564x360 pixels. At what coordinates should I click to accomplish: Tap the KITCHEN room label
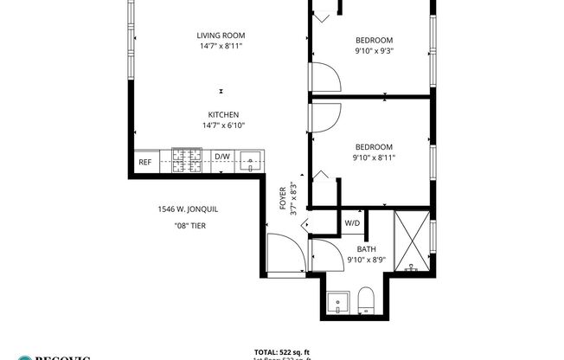point(223,115)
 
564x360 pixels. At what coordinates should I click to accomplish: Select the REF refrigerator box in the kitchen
point(144,162)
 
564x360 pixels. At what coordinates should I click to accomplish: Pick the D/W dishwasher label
point(222,157)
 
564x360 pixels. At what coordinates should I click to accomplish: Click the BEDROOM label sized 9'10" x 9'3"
point(375,40)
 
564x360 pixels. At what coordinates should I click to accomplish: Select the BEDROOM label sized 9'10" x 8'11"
point(375,147)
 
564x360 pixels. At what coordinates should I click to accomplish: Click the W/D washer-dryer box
point(353,222)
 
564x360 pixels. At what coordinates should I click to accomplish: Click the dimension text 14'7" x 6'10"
point(223,125)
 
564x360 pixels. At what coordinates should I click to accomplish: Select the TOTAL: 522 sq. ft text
point(282,351)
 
